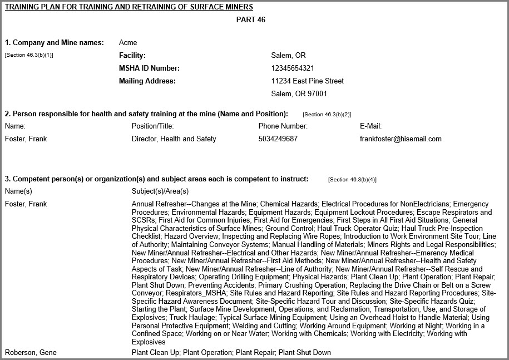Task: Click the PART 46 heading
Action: (251, 20)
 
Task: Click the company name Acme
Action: (128, 43)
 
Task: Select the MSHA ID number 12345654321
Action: (293, 68)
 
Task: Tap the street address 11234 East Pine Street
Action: (307, 81)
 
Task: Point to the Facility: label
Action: (132, 56)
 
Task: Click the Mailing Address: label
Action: (147, 81)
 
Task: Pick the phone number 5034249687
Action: (278, 139)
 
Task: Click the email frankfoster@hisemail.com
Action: (401, 139)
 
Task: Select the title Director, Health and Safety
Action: (174, 139)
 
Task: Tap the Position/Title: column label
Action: (153, 126)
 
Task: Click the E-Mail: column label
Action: (370, 126)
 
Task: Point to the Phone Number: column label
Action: (283, 126)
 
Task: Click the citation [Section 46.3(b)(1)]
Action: (29, 55)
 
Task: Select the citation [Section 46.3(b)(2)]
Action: (327, 114)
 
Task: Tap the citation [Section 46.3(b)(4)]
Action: (353, 180)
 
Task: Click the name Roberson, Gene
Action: (31, 353)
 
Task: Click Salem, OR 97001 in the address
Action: (299, 94)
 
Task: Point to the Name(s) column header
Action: (18, 191)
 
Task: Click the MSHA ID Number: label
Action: (150, 68)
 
